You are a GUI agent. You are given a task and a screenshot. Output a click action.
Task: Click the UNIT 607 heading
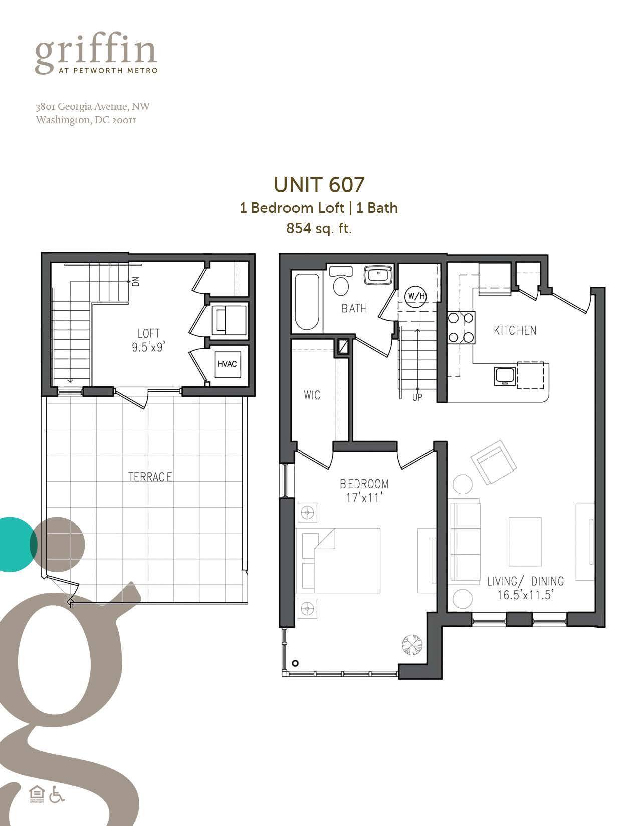319,185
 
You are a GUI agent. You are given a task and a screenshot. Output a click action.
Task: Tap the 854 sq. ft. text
319,229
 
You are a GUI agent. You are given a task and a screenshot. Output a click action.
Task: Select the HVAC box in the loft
227,364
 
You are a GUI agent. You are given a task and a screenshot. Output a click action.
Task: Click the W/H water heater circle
416,296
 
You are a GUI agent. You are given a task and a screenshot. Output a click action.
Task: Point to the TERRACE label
150,477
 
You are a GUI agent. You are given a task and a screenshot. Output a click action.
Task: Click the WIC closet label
312,395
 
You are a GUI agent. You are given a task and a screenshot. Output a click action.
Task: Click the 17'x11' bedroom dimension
364,498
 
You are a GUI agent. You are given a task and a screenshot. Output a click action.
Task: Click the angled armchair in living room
493,461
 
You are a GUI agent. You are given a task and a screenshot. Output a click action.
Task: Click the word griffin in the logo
96,52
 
